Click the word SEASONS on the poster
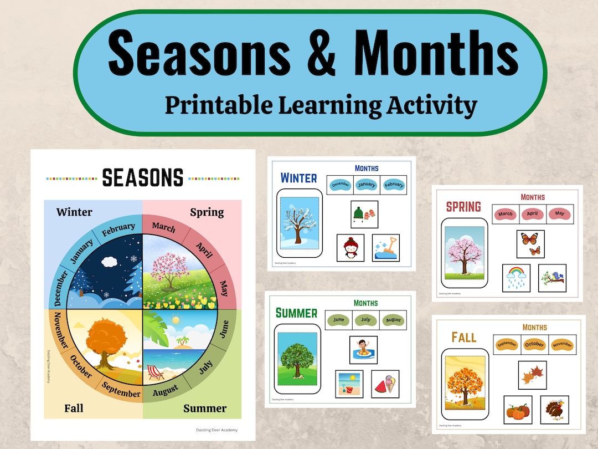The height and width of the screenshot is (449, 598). (143, 178)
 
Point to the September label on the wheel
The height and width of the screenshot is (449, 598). (121, 391)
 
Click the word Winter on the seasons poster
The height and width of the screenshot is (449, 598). (74, 212)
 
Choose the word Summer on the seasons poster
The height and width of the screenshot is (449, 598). (205, 409)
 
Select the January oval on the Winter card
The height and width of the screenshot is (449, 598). (367, 185)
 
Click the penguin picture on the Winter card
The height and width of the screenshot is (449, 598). (350, 247)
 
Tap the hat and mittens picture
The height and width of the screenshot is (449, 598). (364, 215)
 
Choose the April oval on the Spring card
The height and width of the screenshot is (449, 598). (533, 214)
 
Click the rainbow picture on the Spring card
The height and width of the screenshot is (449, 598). (516, 278)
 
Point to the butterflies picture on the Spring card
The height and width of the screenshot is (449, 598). (530, 244)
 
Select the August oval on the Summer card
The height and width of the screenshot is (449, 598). (393, 320)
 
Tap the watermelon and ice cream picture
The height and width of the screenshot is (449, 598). (385, 384)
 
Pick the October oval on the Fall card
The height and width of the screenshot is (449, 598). (534, 344)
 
